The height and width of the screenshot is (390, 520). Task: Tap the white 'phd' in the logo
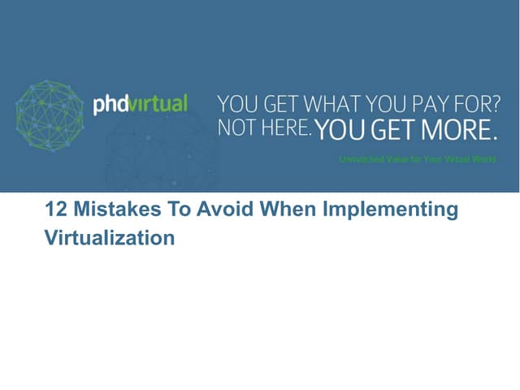110,104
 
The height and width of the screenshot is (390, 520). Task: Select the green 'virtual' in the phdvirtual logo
157,103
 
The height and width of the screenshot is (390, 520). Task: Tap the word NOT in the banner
236,128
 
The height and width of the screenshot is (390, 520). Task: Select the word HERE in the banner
285,128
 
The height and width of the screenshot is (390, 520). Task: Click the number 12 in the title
55,210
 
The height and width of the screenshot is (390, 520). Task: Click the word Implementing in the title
391,211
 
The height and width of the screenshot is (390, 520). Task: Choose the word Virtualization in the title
109,239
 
